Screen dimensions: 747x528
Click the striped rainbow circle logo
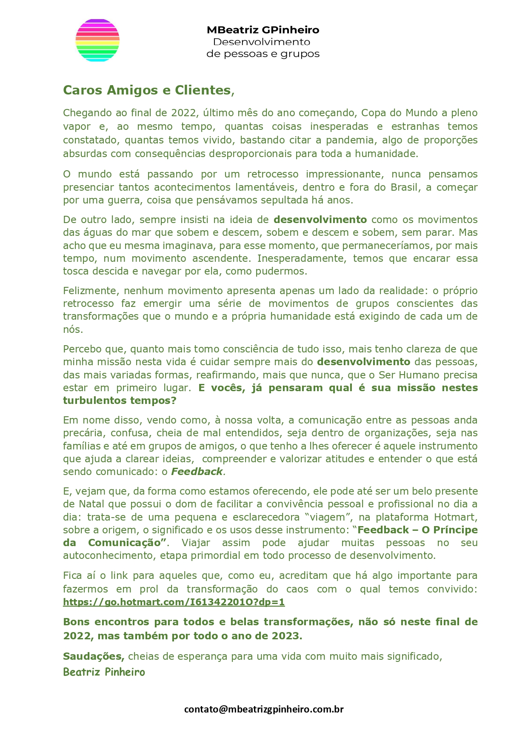(97, 40)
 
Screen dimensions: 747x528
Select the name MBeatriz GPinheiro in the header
(263, 30)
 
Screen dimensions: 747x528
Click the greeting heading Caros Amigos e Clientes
(148, 90)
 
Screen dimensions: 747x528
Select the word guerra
(114, 200)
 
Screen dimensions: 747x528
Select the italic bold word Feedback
(197, 472)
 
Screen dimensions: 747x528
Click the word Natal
(91, 504)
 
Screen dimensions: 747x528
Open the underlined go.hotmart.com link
(174, 602)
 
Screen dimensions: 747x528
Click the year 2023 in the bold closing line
(286, 636)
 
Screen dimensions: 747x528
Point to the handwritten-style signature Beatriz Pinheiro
(104, 672)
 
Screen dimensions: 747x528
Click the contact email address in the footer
(264, 709)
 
